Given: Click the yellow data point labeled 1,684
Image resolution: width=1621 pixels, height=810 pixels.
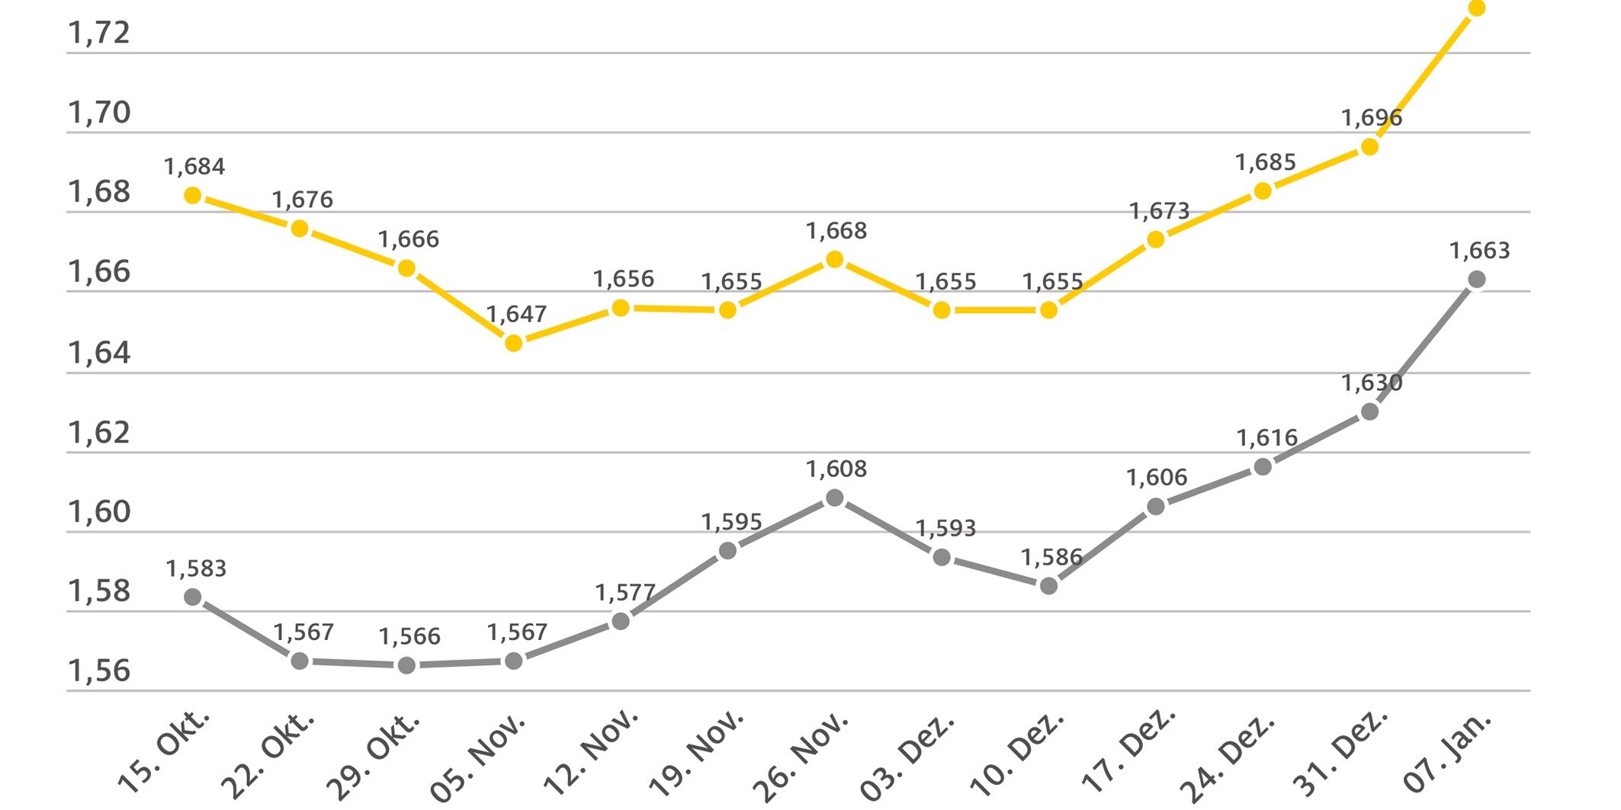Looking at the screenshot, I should (x=193, y=196).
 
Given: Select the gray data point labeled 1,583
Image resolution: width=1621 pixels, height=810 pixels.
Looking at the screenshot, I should (x=193, y=597).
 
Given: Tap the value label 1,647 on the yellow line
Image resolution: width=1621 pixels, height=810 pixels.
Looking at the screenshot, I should (x=516, y=314).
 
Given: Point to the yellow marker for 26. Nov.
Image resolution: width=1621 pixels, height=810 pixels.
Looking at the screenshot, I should (x=835, y=260).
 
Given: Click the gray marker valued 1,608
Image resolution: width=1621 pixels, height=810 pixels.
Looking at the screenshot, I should (x=835, y=498).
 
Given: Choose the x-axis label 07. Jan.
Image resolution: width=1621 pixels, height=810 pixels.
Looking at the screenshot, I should (x=1447, y=753).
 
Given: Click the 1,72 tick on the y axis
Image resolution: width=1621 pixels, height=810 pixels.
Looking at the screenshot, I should (x=99, y=33).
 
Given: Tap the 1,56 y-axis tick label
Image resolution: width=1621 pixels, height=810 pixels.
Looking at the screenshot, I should (x=99, y=671).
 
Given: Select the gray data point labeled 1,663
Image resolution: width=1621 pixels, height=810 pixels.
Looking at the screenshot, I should (x=1477, y=280).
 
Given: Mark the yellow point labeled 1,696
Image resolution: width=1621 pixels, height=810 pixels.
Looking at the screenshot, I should (x=1369, y=146).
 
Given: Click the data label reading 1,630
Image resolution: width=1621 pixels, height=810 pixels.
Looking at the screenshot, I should (x=1372, y=383).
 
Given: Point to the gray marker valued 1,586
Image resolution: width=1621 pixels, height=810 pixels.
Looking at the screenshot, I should (x=1048, y=586).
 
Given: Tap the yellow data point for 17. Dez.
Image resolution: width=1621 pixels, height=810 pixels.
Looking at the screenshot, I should (x=1156, y=239).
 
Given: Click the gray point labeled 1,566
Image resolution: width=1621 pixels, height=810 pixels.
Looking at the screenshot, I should (x=407, y=665).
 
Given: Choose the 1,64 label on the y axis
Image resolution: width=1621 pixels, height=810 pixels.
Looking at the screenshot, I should (x=99, y=353).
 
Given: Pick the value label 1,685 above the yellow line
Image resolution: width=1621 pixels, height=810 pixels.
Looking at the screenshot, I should (x=1266, y=162).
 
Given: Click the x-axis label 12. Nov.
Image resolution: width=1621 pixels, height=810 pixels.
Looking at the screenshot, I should (x=591, y=752).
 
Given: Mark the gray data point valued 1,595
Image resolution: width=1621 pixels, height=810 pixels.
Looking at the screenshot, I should (x=728, y=550).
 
